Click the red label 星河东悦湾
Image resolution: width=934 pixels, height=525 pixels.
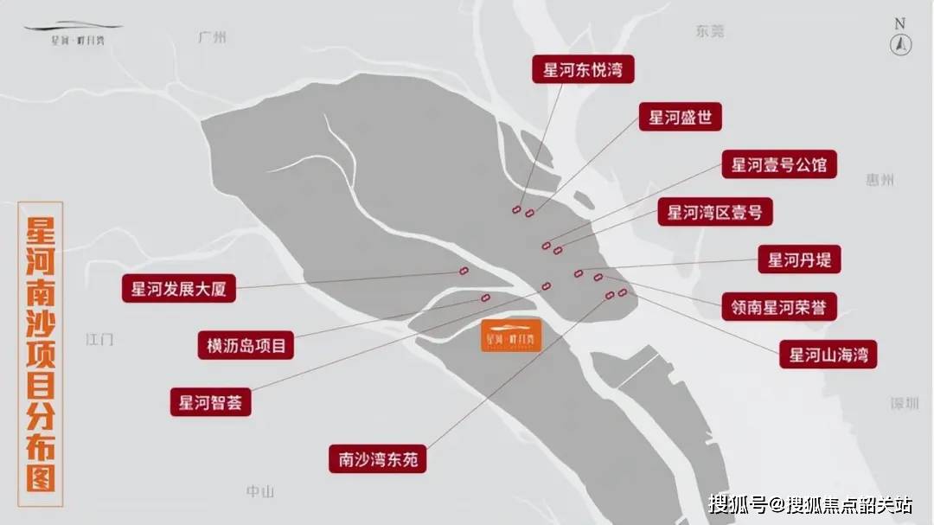pos(583,70)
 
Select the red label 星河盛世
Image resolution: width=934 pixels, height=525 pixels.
pos(680,118)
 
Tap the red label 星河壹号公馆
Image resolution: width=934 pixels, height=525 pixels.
pos(778,164)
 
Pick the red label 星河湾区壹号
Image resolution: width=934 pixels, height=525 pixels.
pos(714,212)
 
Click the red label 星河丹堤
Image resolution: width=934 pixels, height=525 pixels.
pos(799,259)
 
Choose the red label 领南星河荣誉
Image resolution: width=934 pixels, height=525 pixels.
pos(779,306)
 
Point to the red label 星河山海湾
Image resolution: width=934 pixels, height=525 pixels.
pos(828,353)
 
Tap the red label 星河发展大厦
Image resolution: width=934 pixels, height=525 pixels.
pos(178,289)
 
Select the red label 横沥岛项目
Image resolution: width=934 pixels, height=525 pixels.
pos(246,345)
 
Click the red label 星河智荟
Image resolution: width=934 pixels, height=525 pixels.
pos(210,402)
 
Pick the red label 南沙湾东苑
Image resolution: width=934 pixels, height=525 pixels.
pos(378,458)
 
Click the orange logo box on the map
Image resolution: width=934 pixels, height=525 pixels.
pos(511,336)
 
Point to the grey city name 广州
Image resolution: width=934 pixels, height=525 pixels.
pos(211,37)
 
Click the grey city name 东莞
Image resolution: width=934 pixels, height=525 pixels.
pos(709,32)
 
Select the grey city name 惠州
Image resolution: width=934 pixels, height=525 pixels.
pos(880,180)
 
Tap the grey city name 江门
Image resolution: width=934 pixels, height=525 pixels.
pos(99,339)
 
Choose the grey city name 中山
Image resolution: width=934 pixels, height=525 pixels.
pos(259,491)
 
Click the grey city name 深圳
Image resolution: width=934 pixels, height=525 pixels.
pos(905,404)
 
